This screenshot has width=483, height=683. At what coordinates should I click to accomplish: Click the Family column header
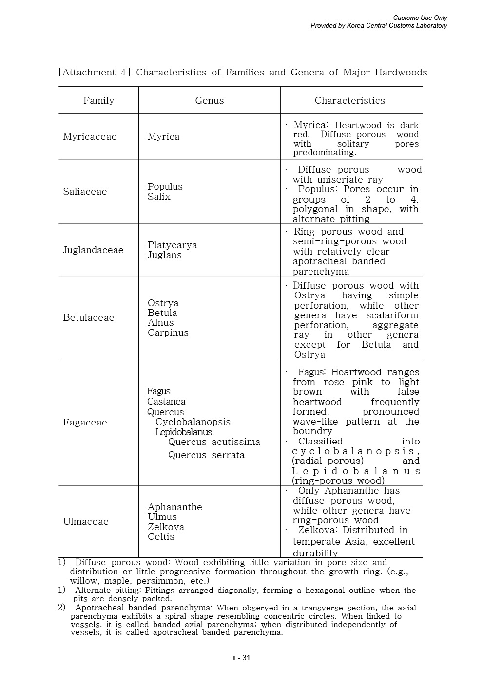98,101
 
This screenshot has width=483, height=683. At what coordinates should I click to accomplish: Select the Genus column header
210,101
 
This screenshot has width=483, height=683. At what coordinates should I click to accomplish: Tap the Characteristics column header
349,101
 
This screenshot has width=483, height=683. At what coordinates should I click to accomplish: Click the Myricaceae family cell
90,137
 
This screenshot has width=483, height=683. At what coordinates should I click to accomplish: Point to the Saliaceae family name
85,192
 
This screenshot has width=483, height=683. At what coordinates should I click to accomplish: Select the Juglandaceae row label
93,250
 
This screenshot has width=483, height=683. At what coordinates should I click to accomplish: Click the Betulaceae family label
88,318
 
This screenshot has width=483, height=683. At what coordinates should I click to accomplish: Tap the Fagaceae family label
85,423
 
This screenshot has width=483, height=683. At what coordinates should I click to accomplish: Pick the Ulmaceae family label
86,522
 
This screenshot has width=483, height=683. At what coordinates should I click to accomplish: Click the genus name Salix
159,197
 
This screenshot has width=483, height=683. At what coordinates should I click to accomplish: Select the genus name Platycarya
172,245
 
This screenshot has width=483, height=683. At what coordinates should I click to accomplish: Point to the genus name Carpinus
168,333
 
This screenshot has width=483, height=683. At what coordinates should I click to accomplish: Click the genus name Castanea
166,402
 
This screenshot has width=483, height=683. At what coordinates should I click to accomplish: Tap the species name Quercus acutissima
214,442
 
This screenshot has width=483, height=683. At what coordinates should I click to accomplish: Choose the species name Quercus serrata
206,455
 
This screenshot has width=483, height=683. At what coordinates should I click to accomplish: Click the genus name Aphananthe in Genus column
174,507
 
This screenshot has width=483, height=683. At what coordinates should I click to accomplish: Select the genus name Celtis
161,537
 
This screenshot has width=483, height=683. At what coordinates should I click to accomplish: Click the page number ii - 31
241,658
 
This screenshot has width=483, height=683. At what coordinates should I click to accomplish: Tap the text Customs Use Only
420,18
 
